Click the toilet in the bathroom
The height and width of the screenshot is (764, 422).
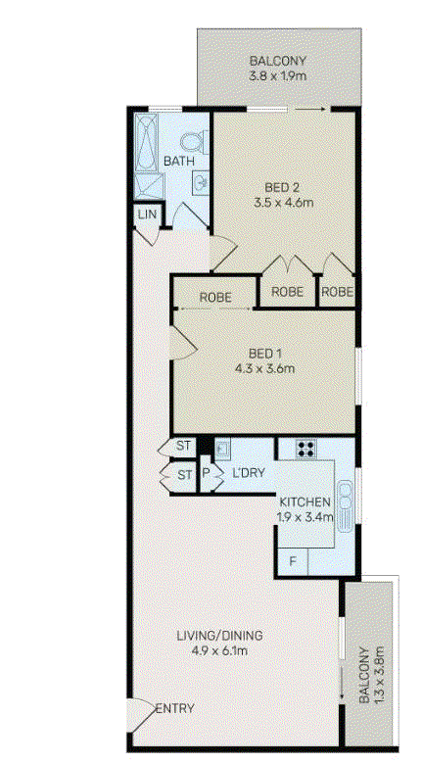(192, 141)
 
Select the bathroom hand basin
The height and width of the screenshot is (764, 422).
(202, 181)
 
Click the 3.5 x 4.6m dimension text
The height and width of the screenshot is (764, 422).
(283, 202)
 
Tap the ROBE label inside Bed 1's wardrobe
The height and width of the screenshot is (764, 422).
(214, 297)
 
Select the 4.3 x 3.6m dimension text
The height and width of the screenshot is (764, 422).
(264, 368)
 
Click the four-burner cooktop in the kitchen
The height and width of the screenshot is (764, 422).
(306, 449)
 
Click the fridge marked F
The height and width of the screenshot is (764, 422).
(294, 560)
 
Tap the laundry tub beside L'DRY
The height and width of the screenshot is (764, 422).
(223, 449)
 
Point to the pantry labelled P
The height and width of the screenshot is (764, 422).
(206, 474)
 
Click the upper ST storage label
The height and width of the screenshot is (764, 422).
(185, 447)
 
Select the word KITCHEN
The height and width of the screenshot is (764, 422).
(305, 501)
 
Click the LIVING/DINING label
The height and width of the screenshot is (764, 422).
(219, 636)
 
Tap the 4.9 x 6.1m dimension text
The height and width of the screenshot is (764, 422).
(220, 650)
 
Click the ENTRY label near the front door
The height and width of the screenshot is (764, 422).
(175, 708)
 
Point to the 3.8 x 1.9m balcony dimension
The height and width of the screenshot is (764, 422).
(278, 76)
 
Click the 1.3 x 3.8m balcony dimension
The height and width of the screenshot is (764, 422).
(372, 674)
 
